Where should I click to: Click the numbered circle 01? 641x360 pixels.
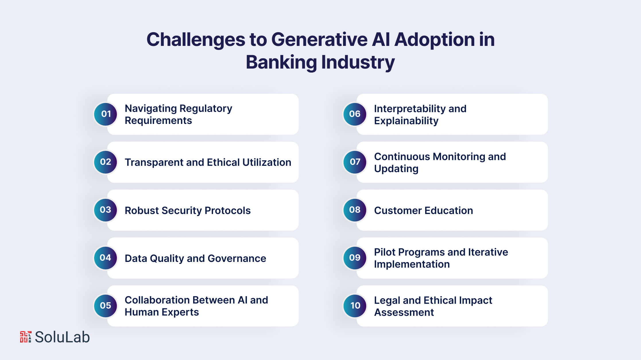point(106,114)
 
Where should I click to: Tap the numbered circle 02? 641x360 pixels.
point(106,162)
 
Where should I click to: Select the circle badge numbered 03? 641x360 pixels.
point(106,210)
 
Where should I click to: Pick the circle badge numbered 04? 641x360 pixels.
point(106,258)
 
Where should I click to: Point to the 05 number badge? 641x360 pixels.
point(106,306)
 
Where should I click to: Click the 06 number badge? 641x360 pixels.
point(355,114)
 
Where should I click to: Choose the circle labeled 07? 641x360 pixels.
point(355,162)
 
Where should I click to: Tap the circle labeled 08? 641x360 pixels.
point(355,210)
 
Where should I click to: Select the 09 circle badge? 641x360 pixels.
point(355,258)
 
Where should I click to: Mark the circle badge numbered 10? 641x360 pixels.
point(355,306)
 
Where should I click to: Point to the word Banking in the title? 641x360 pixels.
point(281,63)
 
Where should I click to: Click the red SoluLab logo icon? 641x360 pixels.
point(26,337)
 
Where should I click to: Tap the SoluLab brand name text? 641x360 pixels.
point(62,337)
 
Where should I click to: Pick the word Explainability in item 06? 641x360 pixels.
point(406,121)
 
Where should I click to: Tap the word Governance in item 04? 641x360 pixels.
point(237,258)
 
